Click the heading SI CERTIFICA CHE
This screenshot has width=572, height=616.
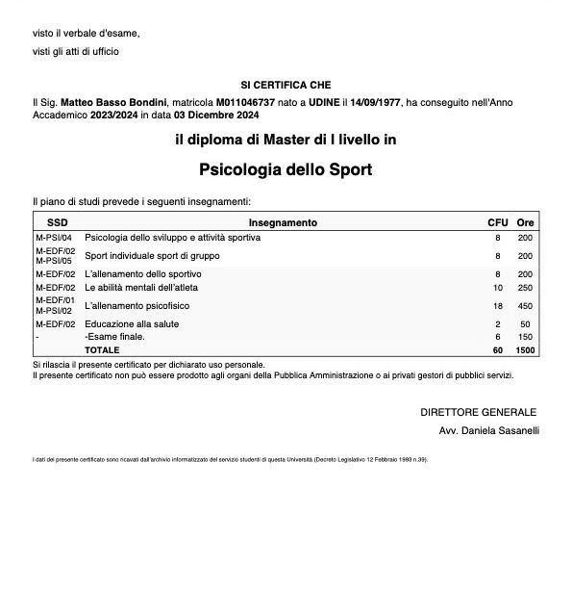286,85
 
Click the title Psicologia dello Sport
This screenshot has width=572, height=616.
286,170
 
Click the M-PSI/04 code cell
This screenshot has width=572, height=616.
53,237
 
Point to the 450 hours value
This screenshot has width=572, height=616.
525,305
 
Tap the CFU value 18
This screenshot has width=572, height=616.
498,305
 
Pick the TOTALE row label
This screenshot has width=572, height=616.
102,350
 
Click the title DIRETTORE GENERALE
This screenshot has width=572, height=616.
479,412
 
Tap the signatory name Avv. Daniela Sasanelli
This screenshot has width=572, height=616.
488,430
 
